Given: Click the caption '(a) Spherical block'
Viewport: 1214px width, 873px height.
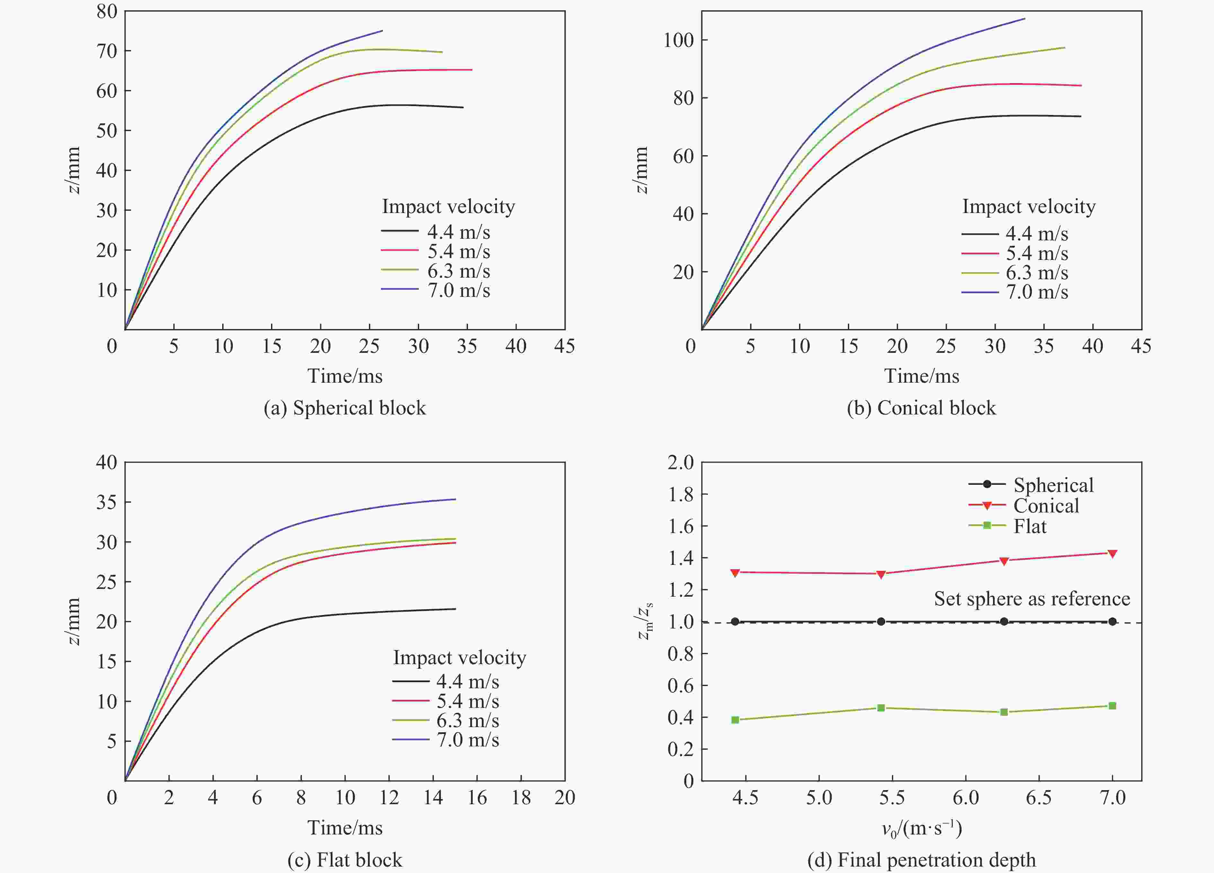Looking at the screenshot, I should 345,408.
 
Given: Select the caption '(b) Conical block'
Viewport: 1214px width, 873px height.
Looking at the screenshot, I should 921,408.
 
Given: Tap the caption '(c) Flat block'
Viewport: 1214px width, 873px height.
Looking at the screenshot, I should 345,860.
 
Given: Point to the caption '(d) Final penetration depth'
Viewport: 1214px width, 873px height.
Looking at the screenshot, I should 921,860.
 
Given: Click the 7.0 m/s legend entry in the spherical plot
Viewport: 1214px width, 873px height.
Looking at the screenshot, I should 436,290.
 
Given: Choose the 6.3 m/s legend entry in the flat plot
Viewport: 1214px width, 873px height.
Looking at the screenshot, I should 445,720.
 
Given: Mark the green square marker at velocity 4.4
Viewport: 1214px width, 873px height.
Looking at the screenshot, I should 735,720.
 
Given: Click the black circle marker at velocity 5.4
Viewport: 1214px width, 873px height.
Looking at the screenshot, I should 881,621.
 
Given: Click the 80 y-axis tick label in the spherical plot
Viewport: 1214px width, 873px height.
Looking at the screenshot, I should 107,12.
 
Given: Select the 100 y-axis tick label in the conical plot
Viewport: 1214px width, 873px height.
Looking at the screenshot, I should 678,40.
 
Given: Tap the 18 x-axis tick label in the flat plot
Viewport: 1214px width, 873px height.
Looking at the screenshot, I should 521,798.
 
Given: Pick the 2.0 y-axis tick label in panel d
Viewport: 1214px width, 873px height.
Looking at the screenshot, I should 680,463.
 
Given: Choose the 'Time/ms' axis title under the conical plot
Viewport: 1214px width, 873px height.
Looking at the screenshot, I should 921,376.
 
